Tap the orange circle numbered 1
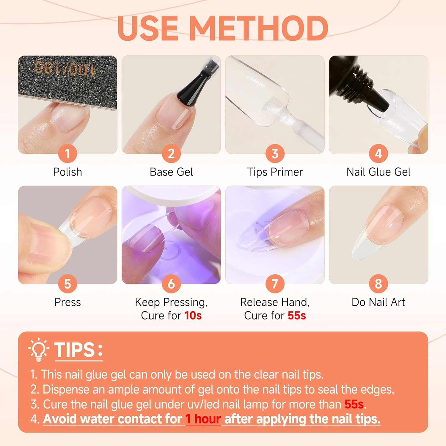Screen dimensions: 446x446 pyautogui.click(x=67, y=154)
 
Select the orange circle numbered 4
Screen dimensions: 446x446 pyautogui.click(x=378, y=154)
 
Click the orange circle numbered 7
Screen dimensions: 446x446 pyautogui.click(x=275, y=284)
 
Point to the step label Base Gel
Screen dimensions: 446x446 pyautogui.click(x=171, y=172)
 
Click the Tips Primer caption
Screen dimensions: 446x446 pyautogui.click(x=275, y=172)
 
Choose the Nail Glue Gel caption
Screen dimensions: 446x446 pyautogui.click(x=378, y=172)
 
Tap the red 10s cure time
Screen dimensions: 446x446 pyautogui.click(x=193, y=315)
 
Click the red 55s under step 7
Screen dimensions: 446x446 pyautogui.click(x=296, y=315)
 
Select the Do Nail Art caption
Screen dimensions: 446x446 pyautogui.click(x=378, y=302)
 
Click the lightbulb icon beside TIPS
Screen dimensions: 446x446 pyautogui.click(x=39, y=349)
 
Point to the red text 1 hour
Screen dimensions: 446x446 pyautogui.click(x=203, y=419)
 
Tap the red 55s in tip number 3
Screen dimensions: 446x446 pyautogui.click(x=354, y=404)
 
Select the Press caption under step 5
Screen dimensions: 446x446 pyautogui.click(x=67, y=302)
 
